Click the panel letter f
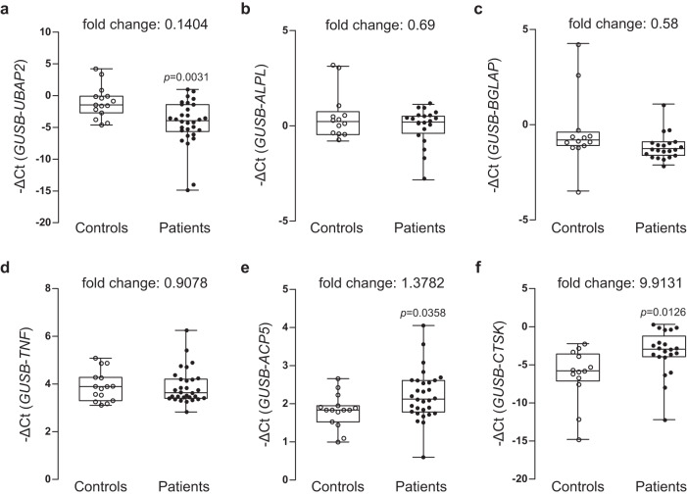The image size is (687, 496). coord(477,268)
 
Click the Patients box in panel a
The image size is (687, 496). coord(187,118)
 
